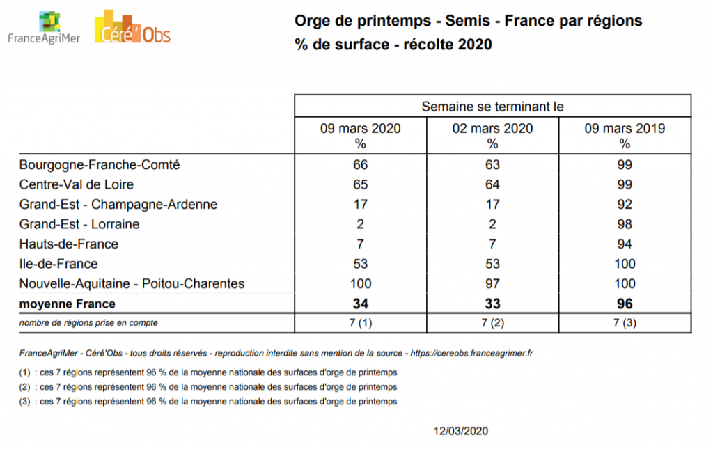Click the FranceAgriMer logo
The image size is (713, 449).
[43, 28]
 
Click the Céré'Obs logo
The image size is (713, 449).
[132, 28]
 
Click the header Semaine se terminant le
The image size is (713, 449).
[492, 107]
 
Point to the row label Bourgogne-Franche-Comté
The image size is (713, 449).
[100, 165]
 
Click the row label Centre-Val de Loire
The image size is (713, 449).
[77, 184]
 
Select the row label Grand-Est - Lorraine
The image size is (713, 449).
[79, 224]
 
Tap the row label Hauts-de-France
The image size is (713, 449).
[69, 244]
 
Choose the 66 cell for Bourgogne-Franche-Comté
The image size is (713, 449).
[361, 165]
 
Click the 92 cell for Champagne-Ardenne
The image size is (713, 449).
[625, 205]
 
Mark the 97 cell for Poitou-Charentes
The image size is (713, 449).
[492, 283]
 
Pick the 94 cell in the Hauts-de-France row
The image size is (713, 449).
[625, 244]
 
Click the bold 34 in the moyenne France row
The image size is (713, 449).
[361, 304]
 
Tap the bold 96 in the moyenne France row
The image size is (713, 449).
[625, 304]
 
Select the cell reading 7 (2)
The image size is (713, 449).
[492, 322]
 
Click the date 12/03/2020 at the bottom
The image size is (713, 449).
[460, 431]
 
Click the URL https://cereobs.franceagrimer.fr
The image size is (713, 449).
[472, 354]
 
